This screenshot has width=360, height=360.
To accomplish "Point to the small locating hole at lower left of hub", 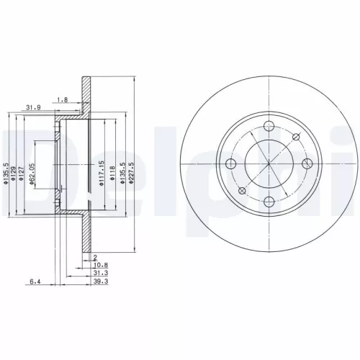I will pyautogui.click(x=242, y=190).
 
